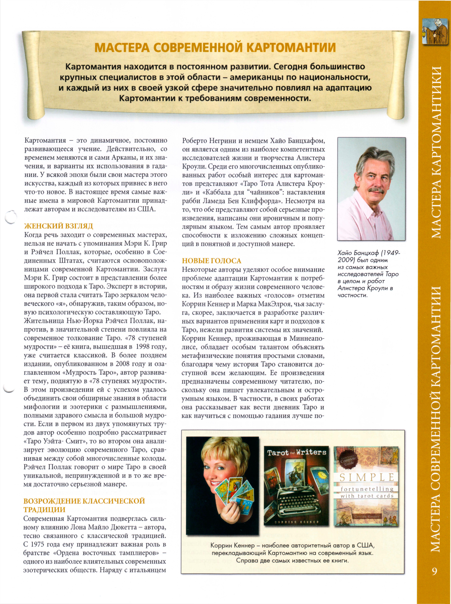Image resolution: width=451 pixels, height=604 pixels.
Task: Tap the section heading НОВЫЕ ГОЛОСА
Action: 212,261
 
